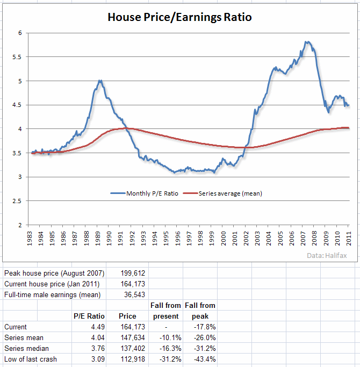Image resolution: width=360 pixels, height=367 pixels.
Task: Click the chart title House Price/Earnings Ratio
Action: [x=179, y=17]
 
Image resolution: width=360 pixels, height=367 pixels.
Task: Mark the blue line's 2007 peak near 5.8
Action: [x=306, y=41]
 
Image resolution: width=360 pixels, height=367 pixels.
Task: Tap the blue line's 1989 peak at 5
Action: [x=99, y=81]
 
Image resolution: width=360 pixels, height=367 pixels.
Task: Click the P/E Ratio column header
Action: [x=89, y=316]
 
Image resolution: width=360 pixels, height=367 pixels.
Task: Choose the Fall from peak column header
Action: [x=200, y=311]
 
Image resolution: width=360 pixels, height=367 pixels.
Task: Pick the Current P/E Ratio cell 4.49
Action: [x=97, y=327]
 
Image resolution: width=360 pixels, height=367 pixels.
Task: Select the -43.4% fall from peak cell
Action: [x=205, y=359]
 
